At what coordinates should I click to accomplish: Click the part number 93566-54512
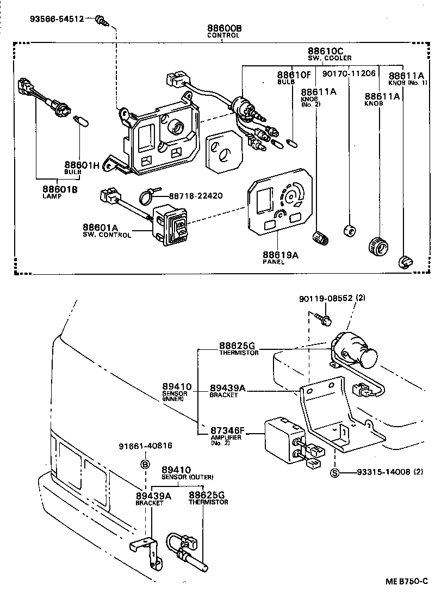coord(57,19)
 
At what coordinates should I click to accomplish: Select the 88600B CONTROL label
coord(223,31)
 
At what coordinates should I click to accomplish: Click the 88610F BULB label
coord(293,77)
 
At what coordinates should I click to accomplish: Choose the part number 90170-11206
coord(349,74)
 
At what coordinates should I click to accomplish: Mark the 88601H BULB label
coord(82,168)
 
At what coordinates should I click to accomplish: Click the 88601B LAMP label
coord(60,192)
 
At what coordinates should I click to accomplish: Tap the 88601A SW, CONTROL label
coord(107,230)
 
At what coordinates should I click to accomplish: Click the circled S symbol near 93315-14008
coord(335,472)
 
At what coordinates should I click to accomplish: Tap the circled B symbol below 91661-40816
coord(145,464)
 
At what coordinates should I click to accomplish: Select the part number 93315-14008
coord(383,472)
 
